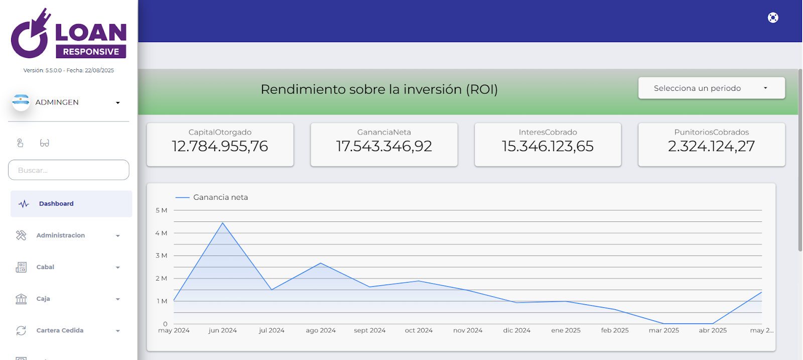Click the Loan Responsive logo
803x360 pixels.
69,34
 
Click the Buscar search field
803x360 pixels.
69,170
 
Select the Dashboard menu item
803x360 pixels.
56,204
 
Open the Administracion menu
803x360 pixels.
60,235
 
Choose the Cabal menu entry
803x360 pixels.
45,267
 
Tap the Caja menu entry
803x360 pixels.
43,299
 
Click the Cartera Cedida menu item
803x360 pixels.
60,330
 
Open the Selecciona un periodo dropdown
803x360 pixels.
711,88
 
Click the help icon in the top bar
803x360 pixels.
773,18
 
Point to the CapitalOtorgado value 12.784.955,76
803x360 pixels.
220,146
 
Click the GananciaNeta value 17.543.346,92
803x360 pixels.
384,146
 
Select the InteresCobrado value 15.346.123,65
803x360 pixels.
548,146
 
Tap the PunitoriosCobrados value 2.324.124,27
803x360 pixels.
711,146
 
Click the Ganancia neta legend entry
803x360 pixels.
220,197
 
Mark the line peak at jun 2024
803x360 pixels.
223,223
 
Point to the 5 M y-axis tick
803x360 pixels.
161,210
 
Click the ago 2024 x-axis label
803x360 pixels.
321,330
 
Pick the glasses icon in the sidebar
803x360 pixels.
45,143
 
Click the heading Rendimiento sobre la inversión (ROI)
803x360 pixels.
379,89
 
